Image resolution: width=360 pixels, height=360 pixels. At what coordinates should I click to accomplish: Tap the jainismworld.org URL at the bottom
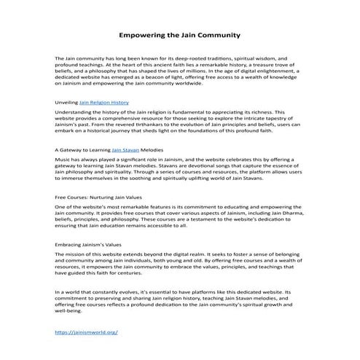[86, 332]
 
